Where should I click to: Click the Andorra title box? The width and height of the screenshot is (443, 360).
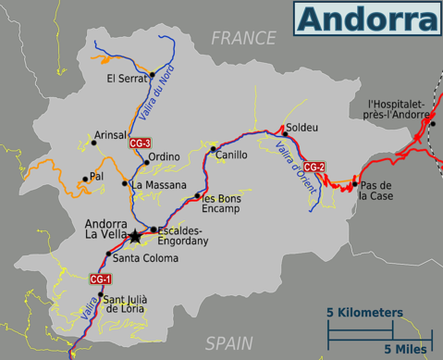pos(367,18)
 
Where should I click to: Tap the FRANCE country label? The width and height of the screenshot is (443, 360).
pos(243,38)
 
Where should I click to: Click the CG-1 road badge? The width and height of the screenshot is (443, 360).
pos(100,279)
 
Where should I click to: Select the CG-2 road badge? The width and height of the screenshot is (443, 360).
pos(314,167)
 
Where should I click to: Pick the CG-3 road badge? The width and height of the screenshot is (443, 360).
pos(140,143)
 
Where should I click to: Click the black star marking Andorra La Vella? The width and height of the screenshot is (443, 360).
pos(136,237)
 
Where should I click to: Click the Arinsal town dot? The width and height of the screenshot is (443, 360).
pos(92,143)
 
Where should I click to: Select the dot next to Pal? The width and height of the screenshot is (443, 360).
pos(85,179)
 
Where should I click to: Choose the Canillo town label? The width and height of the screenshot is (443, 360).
pos(231,155)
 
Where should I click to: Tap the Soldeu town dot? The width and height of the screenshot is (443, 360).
pos(284,134)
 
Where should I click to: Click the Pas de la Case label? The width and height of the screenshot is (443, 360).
pos(378,190)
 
